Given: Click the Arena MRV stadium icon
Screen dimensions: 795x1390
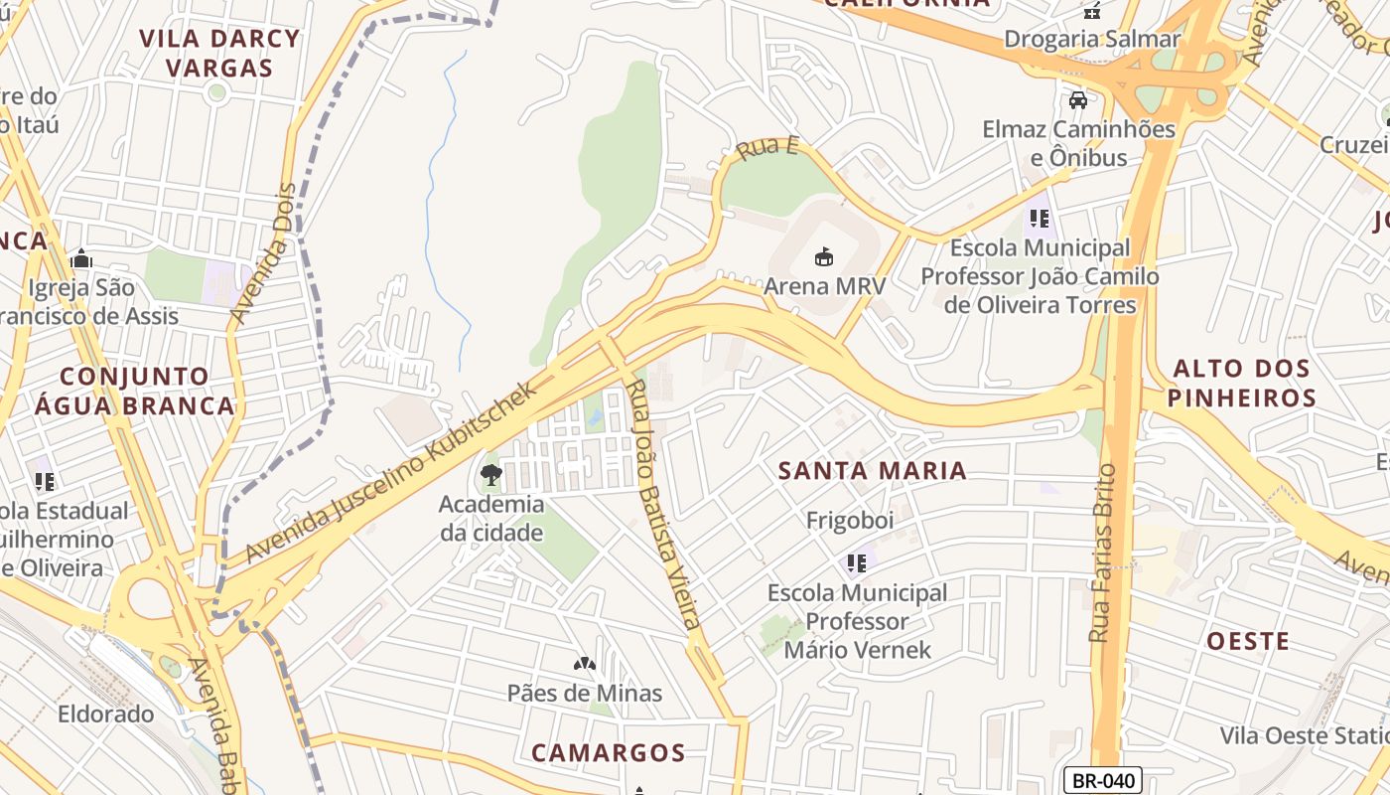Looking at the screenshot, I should tap(823, 257).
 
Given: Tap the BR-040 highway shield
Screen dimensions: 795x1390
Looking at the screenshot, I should tap(1102, 780).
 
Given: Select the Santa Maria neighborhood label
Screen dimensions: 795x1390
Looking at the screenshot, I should tap(872, 470).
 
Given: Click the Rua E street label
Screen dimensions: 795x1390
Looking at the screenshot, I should tap(767, 149).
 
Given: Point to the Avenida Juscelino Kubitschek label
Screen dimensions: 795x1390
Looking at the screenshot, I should tap(392, 472).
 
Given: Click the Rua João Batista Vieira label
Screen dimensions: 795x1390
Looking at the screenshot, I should tap(663, 504).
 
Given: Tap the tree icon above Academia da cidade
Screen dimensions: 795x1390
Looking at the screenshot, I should tap(490, 475).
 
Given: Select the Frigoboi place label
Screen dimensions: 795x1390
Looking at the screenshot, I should tap(850, 521).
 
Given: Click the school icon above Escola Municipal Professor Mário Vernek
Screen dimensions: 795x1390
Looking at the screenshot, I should tap(857, 563).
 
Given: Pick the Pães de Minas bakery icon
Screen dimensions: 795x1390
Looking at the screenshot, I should tap(584, 663).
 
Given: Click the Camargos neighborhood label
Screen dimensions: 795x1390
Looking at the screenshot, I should tap(608, 752).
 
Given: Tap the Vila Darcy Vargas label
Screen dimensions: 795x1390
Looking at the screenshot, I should tap(219, 54).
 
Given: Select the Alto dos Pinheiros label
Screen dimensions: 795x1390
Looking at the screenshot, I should tap(1241, 384).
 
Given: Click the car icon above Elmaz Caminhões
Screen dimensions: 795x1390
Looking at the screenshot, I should tap(1078, 100).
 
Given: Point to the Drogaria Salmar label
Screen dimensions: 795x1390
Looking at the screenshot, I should tap(1092, 39).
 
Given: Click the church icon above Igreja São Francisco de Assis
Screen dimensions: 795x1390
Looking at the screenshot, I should tap(81, 259).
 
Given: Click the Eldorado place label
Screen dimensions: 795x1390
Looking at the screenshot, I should tap(105, 714).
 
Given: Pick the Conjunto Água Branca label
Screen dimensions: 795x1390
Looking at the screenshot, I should tap(134, 391).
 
